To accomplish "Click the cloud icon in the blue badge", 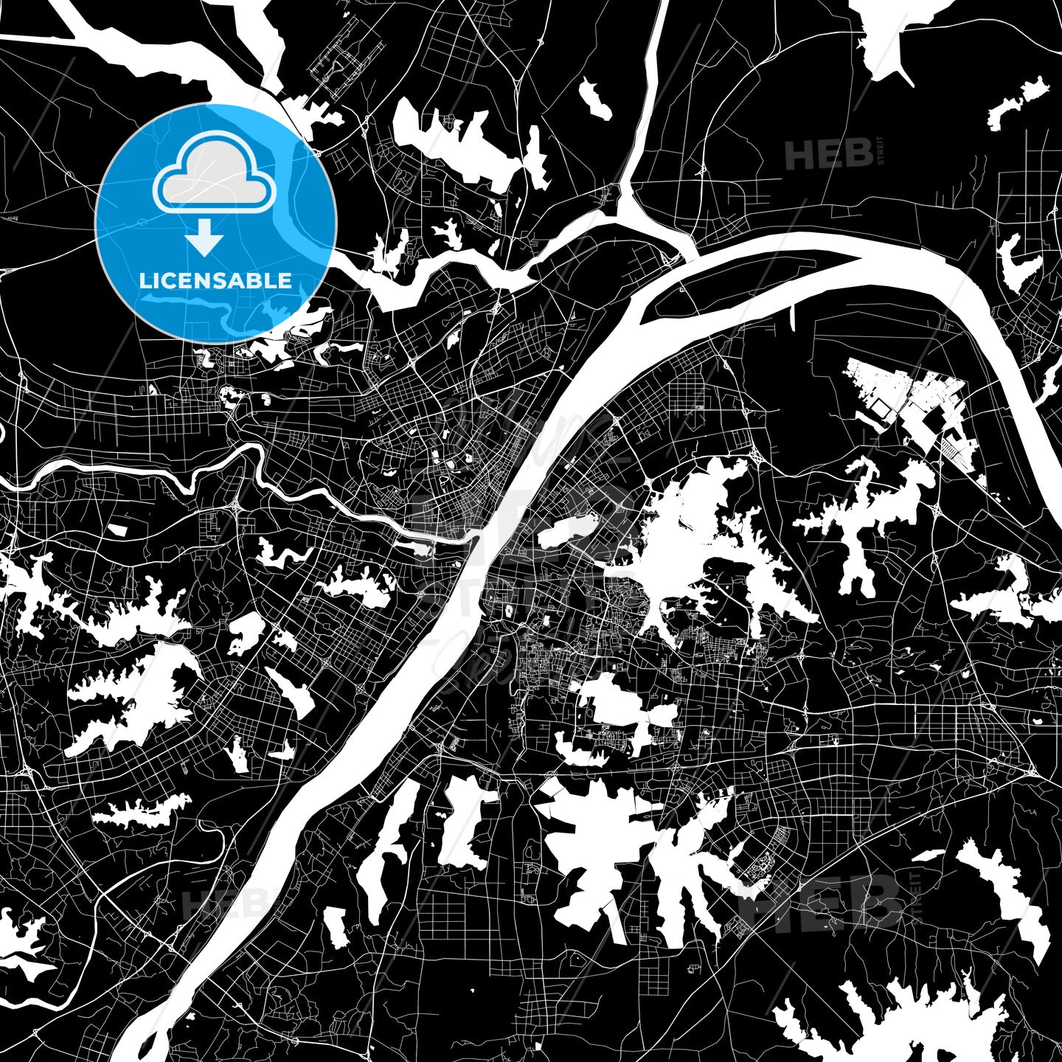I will tap(214, 177).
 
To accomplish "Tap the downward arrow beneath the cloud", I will tap(204, 240).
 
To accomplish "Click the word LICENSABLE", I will tap(215, 281).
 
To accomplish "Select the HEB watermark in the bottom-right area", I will tap(826, 900).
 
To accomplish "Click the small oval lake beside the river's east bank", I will tap(568, 530).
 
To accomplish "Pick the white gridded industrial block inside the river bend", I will tap(914, 406).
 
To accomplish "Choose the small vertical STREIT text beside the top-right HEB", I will tap(879, 151).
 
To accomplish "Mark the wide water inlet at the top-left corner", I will tap(147, 52).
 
